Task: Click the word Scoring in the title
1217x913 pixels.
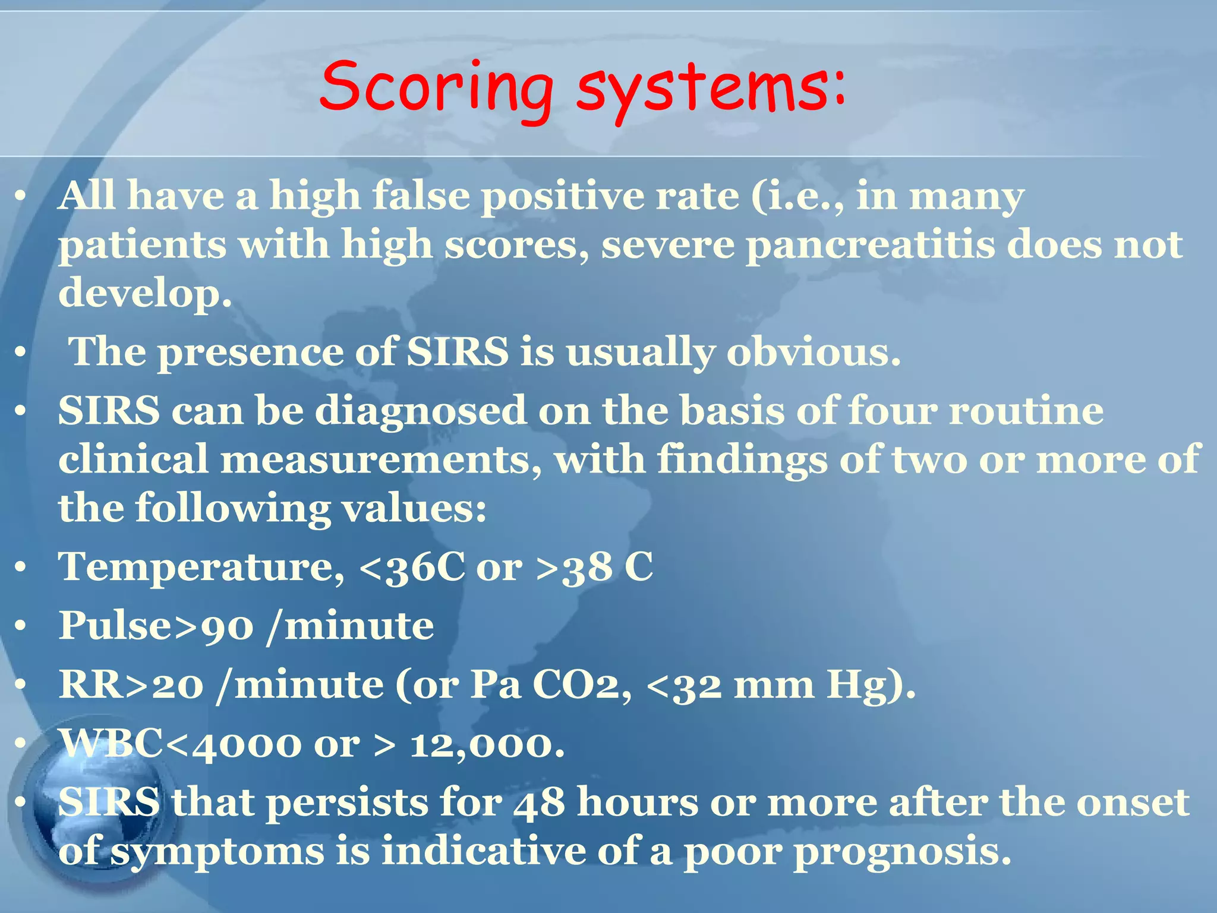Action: click(437, 89)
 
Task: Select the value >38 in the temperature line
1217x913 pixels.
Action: click(574, 566)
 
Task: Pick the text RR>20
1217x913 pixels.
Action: click(131, 685)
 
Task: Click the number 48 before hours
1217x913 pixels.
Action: click(539, 802)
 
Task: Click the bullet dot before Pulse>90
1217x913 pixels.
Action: click(21, 626)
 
